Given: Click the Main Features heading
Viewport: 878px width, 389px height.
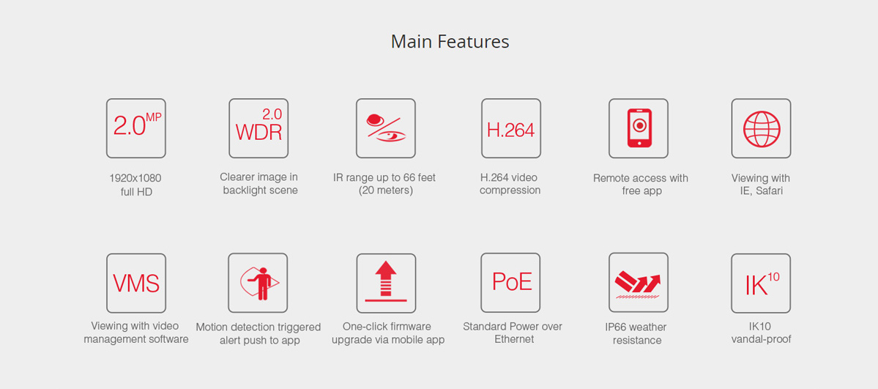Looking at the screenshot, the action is point(450,42).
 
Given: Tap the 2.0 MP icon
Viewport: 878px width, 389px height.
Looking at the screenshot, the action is point(136,128).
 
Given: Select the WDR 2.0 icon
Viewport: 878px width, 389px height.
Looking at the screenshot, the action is point(258,128).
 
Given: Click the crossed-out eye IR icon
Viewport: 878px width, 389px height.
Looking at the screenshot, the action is point(386,128).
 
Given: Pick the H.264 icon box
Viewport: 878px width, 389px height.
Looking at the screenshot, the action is point(511,128).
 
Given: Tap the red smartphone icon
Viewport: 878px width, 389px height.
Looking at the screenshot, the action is point(639,127).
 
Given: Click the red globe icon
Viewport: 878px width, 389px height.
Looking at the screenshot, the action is point(761,129).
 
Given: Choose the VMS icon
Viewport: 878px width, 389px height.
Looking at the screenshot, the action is point(136,283).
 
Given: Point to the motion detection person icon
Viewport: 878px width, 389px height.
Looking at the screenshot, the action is point(258,283).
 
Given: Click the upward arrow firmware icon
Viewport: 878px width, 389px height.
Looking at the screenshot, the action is point(386,283).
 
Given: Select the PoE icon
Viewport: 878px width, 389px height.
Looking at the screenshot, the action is point(510,283).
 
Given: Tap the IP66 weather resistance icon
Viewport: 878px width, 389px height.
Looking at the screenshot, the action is point(639,283).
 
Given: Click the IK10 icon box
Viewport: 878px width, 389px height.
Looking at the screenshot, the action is point(761,283).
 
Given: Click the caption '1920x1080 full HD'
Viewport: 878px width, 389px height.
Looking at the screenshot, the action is point(135,185).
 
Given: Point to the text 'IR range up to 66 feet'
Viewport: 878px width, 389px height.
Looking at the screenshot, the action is point(384,178).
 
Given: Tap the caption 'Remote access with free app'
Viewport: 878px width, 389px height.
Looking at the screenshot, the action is point(641,185).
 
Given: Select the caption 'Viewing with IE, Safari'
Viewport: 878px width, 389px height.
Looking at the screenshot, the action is point(760,185).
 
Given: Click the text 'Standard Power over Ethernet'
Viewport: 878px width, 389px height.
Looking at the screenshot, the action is point(513,333).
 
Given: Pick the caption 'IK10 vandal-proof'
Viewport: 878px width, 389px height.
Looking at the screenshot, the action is point(761,333).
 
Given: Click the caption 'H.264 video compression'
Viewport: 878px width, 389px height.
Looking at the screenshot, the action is point(510,184).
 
